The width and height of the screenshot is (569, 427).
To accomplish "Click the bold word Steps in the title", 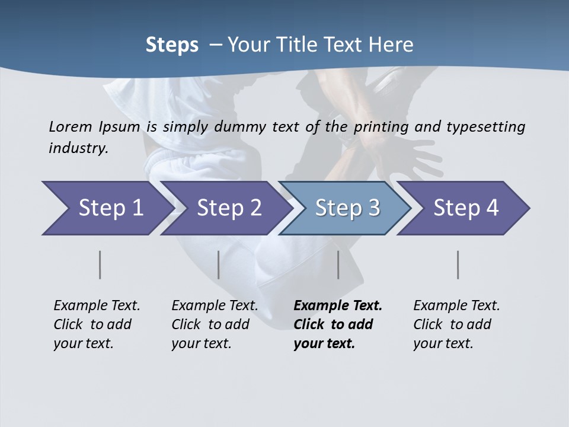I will tap(172, 45).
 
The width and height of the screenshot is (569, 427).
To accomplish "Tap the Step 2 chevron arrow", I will tap(228, 208).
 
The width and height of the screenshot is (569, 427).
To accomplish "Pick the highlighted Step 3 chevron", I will tap(347, 208).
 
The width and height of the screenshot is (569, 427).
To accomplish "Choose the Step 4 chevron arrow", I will tap(465, 208).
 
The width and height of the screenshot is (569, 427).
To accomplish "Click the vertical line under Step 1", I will tap(100, 265).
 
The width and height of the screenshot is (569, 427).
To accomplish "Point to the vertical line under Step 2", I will tap(219, 265).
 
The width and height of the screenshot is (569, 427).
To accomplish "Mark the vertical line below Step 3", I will tap(338, 265).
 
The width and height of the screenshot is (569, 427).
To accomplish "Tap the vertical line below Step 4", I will tap(458, 265).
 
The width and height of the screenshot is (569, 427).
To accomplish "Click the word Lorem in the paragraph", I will tap(70, 126).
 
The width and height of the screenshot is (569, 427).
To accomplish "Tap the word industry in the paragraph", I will tap(78, 148).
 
